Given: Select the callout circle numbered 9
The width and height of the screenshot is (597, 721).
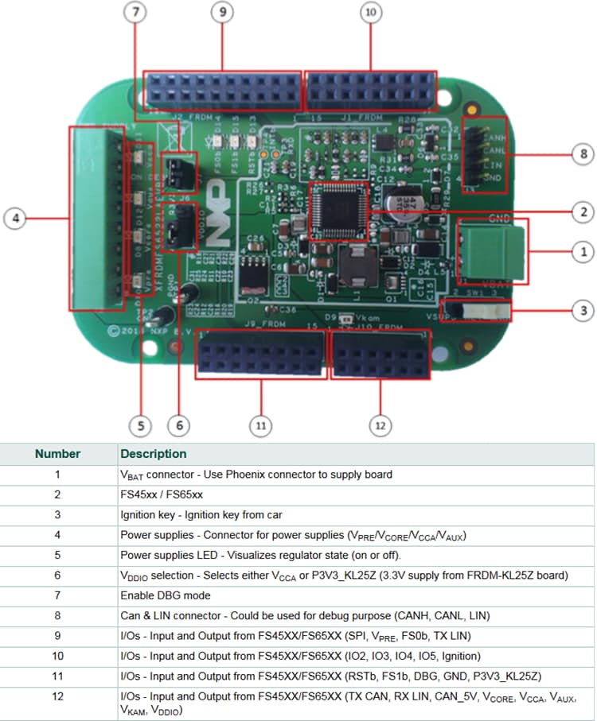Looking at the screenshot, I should click(221, 12).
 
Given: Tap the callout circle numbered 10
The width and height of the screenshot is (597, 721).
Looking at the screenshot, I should click(370, 12).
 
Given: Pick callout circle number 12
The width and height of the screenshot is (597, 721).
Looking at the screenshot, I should click(380, 425).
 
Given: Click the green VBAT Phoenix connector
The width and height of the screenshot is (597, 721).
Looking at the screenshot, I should click(492, 250).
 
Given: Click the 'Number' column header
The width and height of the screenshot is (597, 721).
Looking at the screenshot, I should click(58, 454).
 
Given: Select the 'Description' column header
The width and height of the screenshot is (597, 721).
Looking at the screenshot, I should click(153, 454).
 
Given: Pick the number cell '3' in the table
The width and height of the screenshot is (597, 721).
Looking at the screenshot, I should click(58, 514).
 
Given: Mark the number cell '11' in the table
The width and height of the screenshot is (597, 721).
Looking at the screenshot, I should click(58, 676).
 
